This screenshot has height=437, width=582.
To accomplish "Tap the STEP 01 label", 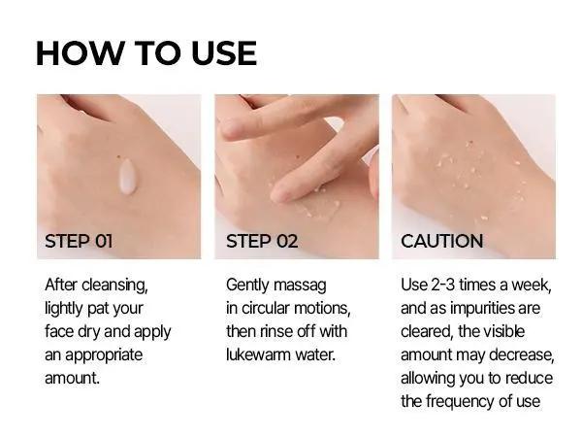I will pyautogui.click(x=79, y=241).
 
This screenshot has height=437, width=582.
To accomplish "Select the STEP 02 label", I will pyautogui.click(x=262, y=241).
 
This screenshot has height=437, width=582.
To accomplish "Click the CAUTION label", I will pyautogui.click(x=441, y=241).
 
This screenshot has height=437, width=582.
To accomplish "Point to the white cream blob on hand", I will pyautogui.click(x=126, y=178).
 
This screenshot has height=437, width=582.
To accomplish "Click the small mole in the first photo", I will pyautogui.click(x=117, y=158).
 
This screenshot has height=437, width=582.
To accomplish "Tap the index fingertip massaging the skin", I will pyautogui.click(x=281, y=192).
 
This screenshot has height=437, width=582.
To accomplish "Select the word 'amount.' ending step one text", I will pyautogui.click(x=73, y=378).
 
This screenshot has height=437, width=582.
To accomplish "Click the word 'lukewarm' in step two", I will pyautogui.click(x=259, y=354).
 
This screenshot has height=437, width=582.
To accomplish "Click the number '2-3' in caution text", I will pyautogui.click(x=444, y=285).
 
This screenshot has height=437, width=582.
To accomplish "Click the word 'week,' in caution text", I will pyautogui.click(x=530, y=285).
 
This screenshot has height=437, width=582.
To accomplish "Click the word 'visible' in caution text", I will pyautogui.click(x=529, y=331).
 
